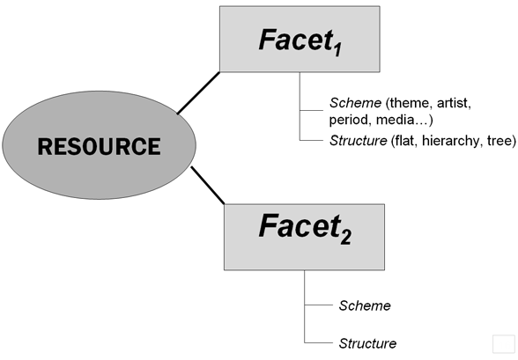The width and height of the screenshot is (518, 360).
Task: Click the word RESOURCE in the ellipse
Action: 99,146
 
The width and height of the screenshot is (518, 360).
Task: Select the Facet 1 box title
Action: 300,41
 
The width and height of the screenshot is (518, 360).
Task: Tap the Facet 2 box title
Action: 305,228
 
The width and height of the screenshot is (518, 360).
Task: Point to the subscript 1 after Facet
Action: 337,50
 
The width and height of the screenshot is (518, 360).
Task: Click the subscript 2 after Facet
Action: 346,238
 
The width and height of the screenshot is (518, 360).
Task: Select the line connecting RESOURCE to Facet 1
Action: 198,93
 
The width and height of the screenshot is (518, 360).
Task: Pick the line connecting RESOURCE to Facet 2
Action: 208,186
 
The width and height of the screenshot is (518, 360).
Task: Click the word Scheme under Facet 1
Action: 356,103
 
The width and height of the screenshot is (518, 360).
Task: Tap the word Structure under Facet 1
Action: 358,141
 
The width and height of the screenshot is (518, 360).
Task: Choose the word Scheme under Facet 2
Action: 365,306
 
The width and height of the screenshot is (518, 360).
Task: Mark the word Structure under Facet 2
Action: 367,343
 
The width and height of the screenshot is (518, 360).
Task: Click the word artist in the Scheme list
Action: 453,103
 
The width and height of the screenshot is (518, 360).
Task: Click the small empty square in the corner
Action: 504,344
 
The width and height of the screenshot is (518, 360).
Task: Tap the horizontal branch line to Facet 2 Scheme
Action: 319,305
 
